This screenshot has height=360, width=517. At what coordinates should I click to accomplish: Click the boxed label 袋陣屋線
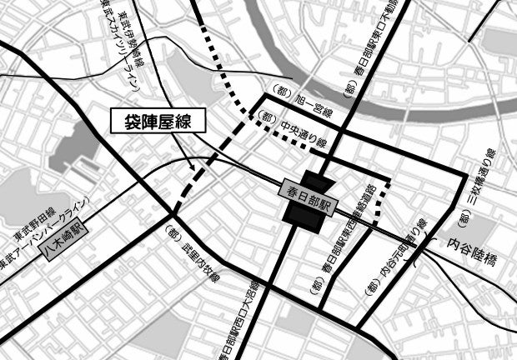click(158, 122)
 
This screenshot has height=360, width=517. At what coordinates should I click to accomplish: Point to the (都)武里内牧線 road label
click(193, 254)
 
